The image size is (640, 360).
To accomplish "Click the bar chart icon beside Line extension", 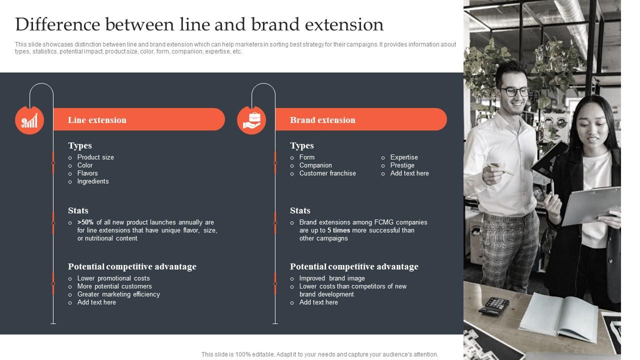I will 29,120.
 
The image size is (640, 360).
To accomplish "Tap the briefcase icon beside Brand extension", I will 251,120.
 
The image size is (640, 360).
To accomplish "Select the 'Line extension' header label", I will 97,120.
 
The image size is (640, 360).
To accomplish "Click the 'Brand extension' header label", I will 322,120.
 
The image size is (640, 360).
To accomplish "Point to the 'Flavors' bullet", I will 87,173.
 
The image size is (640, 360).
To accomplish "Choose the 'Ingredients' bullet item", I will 93,181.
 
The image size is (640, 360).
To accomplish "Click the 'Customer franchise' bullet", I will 327,173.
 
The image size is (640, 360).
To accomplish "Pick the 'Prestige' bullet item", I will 402,165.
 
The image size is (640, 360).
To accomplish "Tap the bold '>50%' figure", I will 85,222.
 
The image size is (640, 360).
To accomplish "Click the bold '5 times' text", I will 338,230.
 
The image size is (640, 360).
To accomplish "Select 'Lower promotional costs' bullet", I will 113,278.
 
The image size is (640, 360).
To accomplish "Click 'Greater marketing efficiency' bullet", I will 118,294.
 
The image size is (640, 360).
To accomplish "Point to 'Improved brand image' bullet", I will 332,278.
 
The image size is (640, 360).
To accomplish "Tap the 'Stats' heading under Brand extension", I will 300,210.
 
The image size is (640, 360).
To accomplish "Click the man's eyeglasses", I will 515,91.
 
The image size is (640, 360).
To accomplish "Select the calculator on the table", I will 493,305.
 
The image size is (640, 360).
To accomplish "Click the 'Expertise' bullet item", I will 404,157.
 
